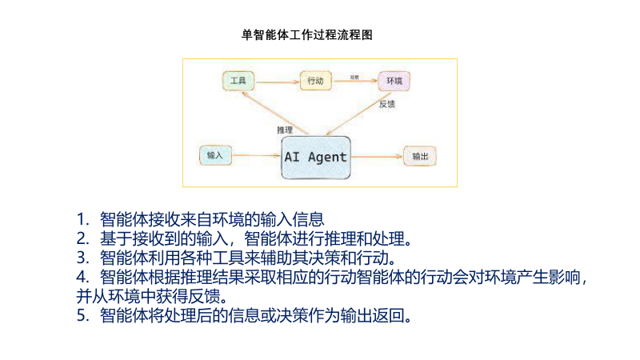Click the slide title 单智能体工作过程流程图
pyautogui.click(x=306, y=35)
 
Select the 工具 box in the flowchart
pyautogui.click(x=238, y=81)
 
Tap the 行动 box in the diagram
pyautogui.click(x=315, y=81)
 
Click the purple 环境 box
pyautogui.click(x=394, y=81)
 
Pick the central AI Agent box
pyautogui.click(x=316, y=156)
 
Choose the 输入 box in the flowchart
pyautogui.click(x=214, y=155)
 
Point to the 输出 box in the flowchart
pyautogui.click(x=420, y=156)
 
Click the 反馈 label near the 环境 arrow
pyautogui.click(x=387, y=104)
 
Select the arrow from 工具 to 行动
pyautogui.click(x=277, y=81)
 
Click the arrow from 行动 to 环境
pyautogui.click(x=354, y=81)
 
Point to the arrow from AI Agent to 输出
pyautogui.click(x=378, y=156)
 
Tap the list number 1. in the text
pyautogui.click(x=82, y=218)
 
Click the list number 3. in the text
pyautogui.click(x=82, y=257)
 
